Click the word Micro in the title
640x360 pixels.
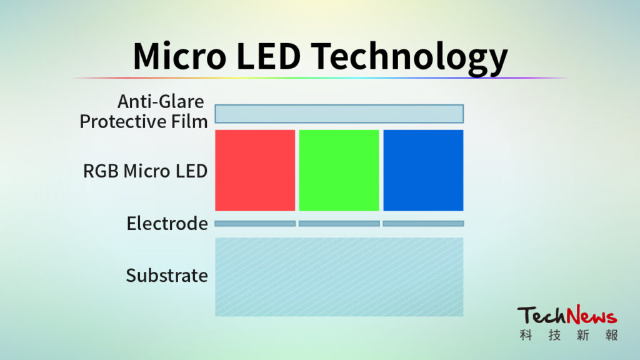(x=179, y=56)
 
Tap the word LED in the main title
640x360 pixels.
(x=269, y=56)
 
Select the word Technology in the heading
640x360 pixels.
(x=410, y=58)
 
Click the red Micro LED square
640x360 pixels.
(x=255, y=170)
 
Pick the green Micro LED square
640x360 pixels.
(x=339, y=170)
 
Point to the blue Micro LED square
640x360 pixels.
(x=423, y=170)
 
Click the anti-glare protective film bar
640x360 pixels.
(x=339, y=114)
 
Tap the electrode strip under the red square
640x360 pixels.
(x=255, y=224)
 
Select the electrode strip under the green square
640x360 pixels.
(x=339, y=224)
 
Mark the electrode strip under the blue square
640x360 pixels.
(x=423, y=224)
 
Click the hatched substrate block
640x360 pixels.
(x=339, y=277)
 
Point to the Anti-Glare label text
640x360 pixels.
(x=161, y=102)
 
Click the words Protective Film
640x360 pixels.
(x=144, y=122)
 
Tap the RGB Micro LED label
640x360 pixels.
(x=145, y=171)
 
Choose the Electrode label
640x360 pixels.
(x=167, y=224)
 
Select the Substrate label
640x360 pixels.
(x=167, y=276)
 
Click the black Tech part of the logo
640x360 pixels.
(x=542, y=316)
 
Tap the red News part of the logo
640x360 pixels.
(x=592, y=314)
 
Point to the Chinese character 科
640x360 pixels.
(x=526, y=335)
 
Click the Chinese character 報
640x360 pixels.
(x=611, y=335)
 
